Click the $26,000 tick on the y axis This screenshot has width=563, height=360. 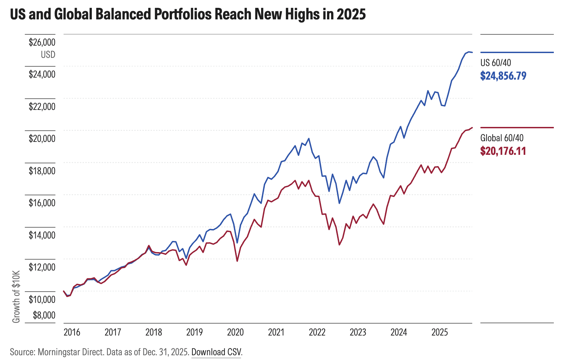[42, 43]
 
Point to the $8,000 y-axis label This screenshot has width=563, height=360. [44, 315]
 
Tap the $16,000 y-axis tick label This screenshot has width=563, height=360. [42, 203]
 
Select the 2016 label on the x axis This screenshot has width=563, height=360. [72, 332]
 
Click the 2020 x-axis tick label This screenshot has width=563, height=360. [235, 332]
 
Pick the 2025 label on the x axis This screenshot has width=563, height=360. [440, 332]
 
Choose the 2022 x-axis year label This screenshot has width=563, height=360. [317, 332]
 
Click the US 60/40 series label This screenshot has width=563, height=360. [495, 63]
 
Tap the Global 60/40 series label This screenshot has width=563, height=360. [502, 138]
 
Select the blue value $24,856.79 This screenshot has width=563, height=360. [503, 76]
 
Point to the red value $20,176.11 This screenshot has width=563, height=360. [503, 151]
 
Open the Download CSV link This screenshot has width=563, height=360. [216, 352]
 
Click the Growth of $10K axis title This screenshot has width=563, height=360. [16, 297]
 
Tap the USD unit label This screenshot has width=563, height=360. [48, 55]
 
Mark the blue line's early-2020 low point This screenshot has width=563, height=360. [237, 243]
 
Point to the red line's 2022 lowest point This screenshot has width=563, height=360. [339, 245]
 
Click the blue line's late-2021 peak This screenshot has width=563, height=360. [308, 138]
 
